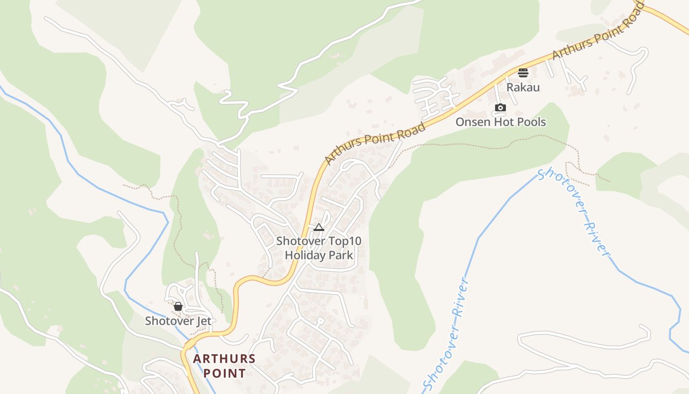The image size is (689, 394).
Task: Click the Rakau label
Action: pyautogui.click(x=523, y=88)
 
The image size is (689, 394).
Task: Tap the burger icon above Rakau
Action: pyautogui.click(x=523, y=73)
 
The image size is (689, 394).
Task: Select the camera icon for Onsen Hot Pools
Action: pyautogui.click(x=500, y=107)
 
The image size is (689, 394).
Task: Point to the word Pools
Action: pyautogui.click(x=531, y=122)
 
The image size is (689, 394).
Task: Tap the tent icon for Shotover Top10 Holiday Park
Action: pyautogui.click(x=319, y=227)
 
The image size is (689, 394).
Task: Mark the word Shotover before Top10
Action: pyautogui.click(x=301, y=241)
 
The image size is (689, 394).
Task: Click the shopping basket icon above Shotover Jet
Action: pyautogui.click(x=178, y=306)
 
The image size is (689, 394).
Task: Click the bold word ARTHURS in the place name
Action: pyautogui.click(x=224, y=359)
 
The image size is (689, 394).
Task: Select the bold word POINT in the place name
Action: pyautogui.click(x=224, y=373)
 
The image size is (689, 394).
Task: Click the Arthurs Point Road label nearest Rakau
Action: pyautogui.click(x=597, y=32)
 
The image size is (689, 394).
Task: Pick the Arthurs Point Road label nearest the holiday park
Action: pyautogui.click(x=375, y=143)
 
